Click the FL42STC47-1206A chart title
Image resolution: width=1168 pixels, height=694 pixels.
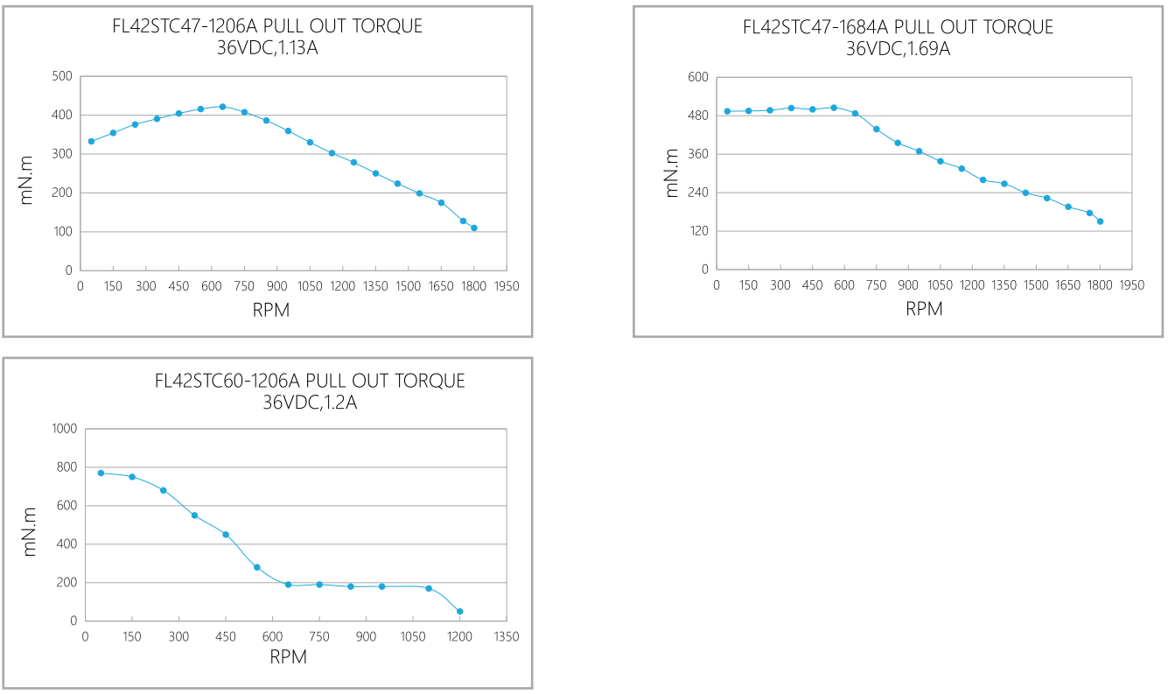(x=268, y=26)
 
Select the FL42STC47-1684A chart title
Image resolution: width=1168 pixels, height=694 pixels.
(x=898, y=27)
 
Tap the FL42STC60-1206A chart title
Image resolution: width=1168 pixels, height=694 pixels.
(x=310, y=381)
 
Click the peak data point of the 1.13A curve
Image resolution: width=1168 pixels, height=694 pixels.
(x=222, y=107)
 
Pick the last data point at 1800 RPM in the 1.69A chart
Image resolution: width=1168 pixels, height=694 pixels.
(x=1100, y=221)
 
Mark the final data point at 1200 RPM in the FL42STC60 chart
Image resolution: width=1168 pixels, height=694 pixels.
(x=459, y=612)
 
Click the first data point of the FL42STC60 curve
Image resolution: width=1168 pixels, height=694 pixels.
(x=101, y=473)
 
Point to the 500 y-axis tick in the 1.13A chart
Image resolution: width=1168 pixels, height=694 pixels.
(x=61, y=76)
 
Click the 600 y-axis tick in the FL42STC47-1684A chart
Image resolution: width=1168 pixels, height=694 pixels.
(x=697, y=77)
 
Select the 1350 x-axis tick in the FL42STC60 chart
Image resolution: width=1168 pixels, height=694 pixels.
(x=506, y=636)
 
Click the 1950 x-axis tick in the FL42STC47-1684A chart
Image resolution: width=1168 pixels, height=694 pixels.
(x=1131, y=285)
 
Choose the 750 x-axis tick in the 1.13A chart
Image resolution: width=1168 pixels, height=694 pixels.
(x=244, y=286)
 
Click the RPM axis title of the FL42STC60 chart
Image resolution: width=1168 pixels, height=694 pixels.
(x=288, y=657)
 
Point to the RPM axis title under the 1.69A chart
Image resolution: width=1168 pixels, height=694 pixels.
(x=923, y=308)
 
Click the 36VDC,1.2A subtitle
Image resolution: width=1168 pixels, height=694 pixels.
(x=310, y=403)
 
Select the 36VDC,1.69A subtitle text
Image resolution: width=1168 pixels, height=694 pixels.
(x=898, y=49)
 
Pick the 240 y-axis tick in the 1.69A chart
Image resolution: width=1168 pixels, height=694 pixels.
(x=697, y=193)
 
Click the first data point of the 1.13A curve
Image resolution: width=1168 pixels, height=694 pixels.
(x=91, y=141)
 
